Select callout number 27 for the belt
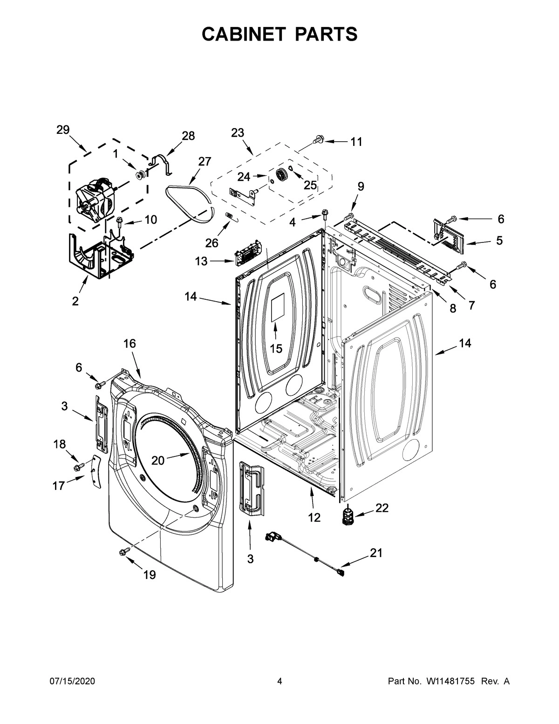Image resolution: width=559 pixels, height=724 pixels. tap(205, 162)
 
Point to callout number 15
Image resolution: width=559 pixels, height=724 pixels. tap(276, 348)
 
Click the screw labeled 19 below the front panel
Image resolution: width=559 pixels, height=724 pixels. tap(124, 552)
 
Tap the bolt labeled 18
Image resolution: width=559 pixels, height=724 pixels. tap(78, 466)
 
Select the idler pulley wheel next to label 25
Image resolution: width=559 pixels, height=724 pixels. tap(281, 176)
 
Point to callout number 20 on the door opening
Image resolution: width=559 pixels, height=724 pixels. tap(158, 460)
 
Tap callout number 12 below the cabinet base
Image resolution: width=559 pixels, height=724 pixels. tap(314, 517)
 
